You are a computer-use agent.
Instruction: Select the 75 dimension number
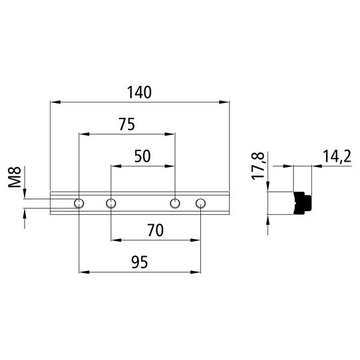pos(126,124)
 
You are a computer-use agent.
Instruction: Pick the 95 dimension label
pos(138,262)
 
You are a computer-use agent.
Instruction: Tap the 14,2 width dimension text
pos(336,156)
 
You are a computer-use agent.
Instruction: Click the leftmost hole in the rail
pos(79,203)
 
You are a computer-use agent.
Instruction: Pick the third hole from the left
pos(174,203)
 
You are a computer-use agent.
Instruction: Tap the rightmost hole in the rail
pos(200,203)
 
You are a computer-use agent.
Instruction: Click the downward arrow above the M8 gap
pos(25,194)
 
